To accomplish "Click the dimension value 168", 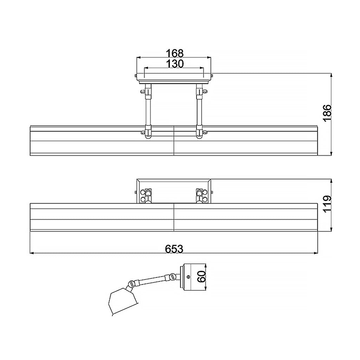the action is click(175, 53).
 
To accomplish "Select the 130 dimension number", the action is click(175, 64).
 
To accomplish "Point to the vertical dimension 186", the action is click(327, 113).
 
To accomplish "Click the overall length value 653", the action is click(174, 249).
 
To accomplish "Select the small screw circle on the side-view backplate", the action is click(188, 277).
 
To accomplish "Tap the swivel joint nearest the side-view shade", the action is click(131, 284).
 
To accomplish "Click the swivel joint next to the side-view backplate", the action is click(172, 276).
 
